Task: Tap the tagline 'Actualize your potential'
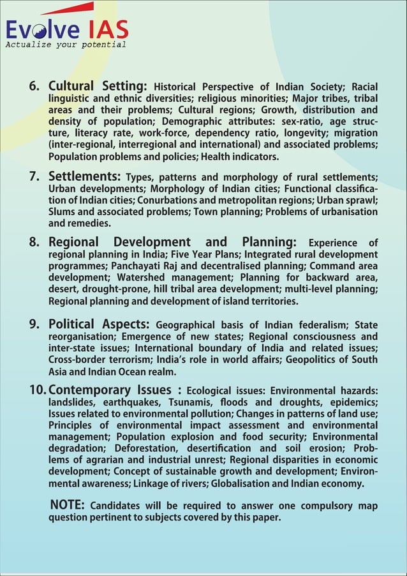66,45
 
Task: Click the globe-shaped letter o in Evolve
40,30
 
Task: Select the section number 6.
36,86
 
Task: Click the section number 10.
37,390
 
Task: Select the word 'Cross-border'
77,360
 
